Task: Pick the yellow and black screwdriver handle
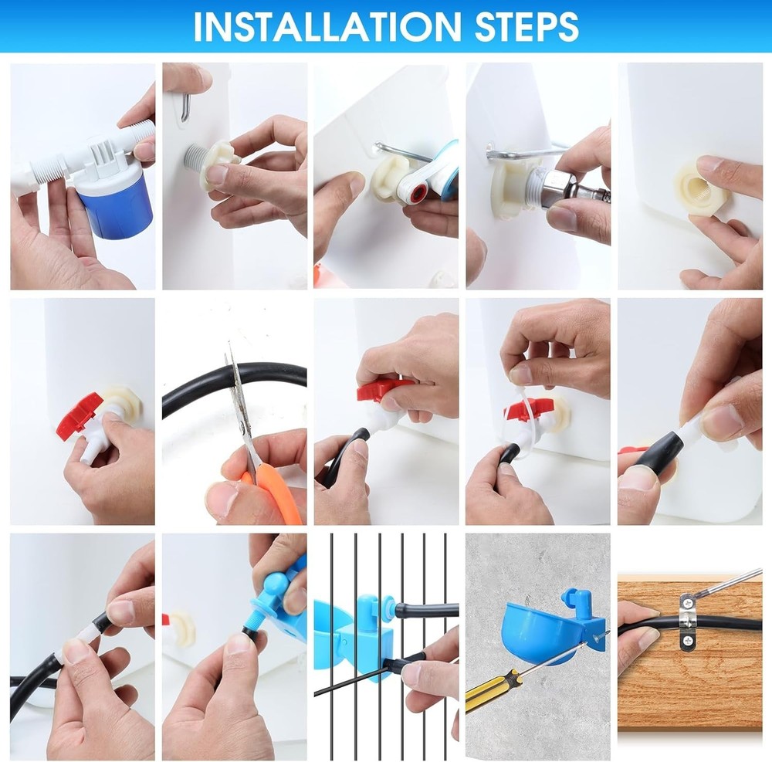[x=487, y=692]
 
